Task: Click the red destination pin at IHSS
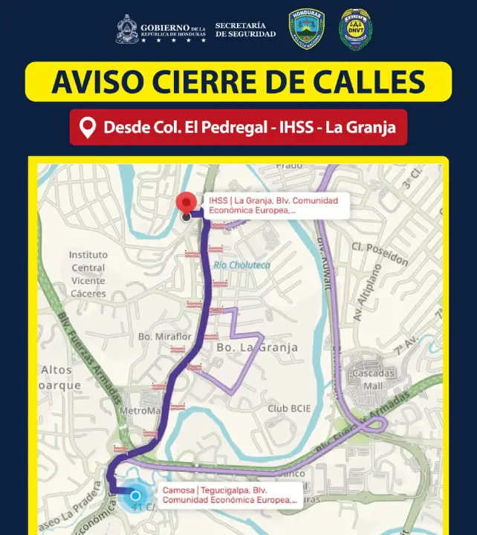pyautogui.click(x=186, y=201)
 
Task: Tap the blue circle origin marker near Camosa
pyautogui.click(x=135, y=496)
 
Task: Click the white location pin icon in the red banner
pyautogui.click(x=88, y=128)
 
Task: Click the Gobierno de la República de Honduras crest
pyautogui.click(x=127, y=30)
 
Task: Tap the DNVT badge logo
pyautogui.click(x=356, y=30)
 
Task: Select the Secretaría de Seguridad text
pyautogui.click(x=245, y=30)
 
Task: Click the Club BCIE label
pyautogui.click(x=288, y=409)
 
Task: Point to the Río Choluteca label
pyautogui.click(x=241, y=265)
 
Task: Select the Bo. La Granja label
pyautogui.click(x=257, y=347)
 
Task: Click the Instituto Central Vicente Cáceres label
pyautogui.click(x=88, y=274)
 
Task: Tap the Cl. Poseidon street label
pyautogui.click(x=380, y=253)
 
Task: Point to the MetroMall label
pyautogui.click(x=140, y=411)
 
